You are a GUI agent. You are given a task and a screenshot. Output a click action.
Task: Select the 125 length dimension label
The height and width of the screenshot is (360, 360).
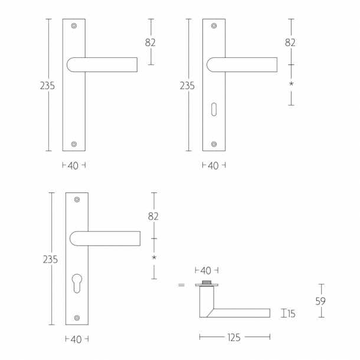pyautogui.click(x=234, y=338)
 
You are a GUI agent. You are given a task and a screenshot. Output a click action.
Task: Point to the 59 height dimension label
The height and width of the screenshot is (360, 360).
pyautogui.click(x=320, y=300)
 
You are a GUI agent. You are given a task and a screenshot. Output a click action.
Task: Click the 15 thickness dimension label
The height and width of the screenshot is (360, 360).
pyautogui.click(x=291, y=313)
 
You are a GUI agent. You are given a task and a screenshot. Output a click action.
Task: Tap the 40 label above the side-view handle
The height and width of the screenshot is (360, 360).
pyautogui.click(x=205, y=271)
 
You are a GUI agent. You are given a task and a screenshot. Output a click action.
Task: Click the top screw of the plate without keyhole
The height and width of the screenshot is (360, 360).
pyautogui.click(x=74, y=26)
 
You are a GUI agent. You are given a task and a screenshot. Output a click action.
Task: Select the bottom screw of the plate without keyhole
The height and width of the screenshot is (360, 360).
pyautogui.click(x=74, y=144)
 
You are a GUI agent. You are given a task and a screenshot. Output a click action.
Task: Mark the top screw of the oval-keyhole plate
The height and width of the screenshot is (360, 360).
pyautogui.click(x=213, y=26)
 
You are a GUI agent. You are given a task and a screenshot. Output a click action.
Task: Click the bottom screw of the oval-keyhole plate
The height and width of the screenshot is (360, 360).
pyautogui.click(x=213, y=144)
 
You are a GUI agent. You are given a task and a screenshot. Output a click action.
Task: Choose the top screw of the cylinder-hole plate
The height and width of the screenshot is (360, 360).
pyautogui.click(x=77, y=199)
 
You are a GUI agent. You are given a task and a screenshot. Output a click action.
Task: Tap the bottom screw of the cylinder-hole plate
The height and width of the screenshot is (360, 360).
pyautogui.click(x=77, y=319)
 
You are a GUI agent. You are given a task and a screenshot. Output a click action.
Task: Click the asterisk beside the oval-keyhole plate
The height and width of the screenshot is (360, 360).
pyautogui.click(x=290, y=84)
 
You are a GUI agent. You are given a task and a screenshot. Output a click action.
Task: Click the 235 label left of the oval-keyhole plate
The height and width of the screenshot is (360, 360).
pyautogui.click(x=187, y=86)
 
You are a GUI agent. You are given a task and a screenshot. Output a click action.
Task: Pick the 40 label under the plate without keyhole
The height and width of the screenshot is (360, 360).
pyautogui.click(x=74, y=166)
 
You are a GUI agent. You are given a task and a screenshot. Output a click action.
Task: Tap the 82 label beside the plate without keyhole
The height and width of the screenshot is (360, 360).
pyautogui.click(x=150, y=42)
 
